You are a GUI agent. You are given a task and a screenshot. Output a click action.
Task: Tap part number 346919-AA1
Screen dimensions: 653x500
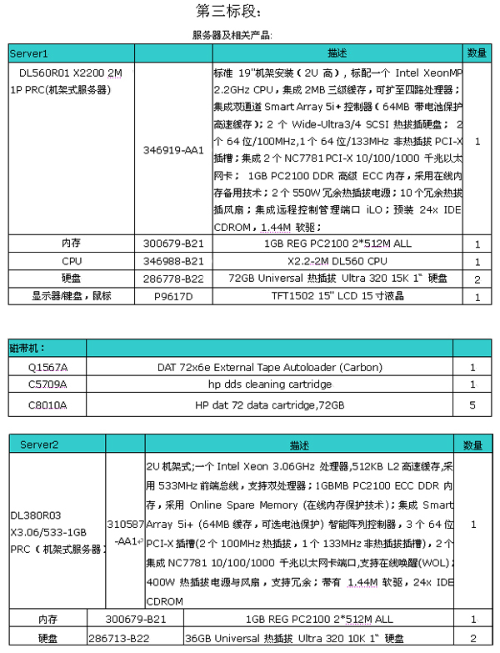[172, 150]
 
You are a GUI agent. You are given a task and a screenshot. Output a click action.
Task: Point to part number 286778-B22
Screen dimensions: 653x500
[172, 279]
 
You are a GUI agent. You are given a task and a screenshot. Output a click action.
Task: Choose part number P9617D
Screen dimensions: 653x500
[172, 296]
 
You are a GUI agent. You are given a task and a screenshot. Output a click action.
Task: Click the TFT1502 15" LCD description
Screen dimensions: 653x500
[337, 296]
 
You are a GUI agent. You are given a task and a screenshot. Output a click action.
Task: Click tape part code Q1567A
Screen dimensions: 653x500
[47, 367]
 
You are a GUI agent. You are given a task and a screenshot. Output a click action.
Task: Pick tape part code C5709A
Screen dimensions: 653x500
[47, 384]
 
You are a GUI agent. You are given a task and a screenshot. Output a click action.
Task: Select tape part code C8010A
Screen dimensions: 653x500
[47, 404]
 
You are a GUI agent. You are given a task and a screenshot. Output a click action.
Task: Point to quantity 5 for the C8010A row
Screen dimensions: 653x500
[472, 404]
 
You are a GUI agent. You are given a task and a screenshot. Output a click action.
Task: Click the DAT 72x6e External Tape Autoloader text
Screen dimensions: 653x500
[270, 367]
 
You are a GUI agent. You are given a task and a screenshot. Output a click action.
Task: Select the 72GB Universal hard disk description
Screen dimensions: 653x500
[337, 279]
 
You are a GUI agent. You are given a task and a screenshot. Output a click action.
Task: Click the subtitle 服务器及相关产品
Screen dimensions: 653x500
[232, 35]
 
